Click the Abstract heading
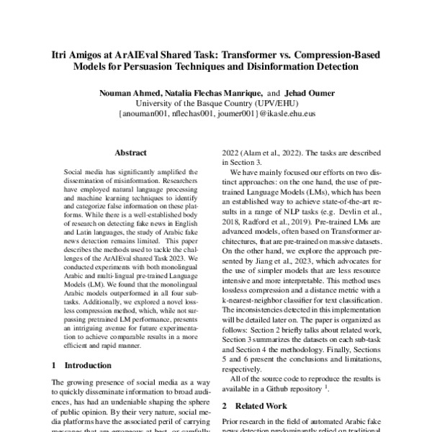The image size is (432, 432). (130, 153)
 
